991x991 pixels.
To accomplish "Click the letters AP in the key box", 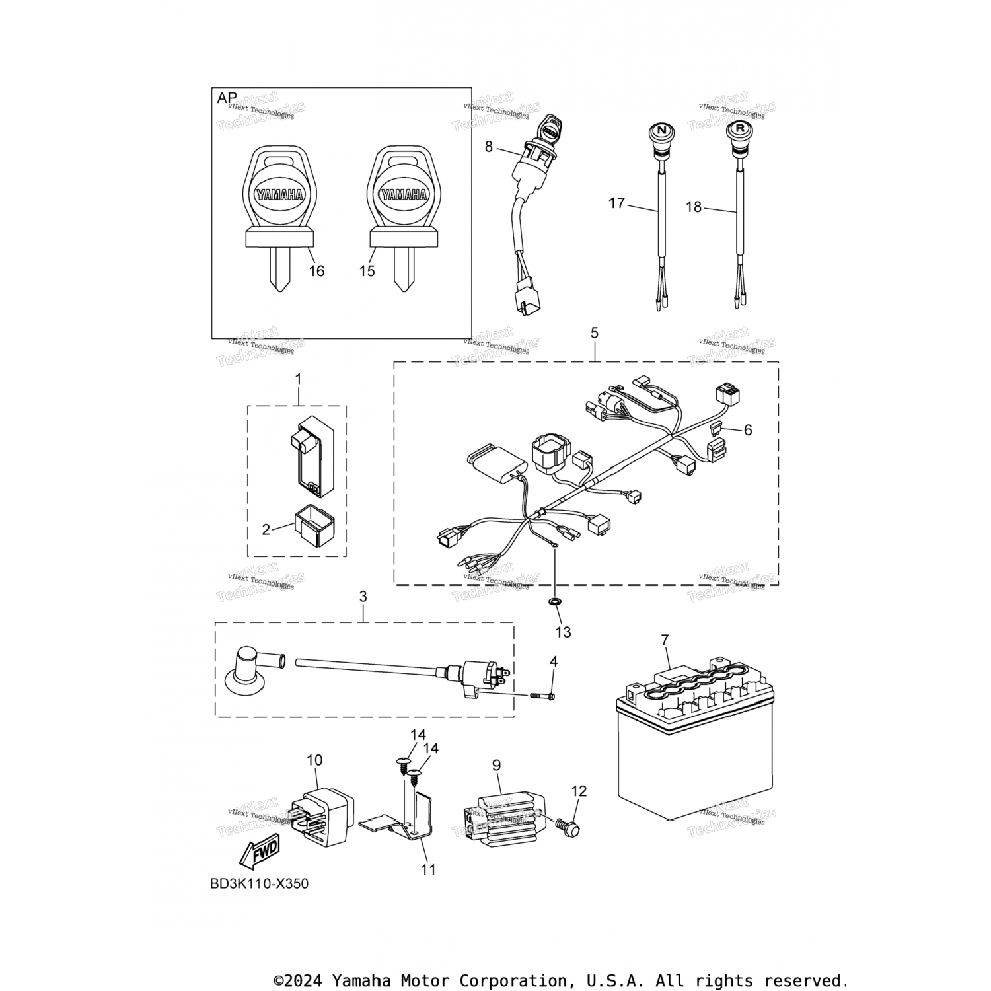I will point(227,98).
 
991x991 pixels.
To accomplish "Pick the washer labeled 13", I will point(555,601).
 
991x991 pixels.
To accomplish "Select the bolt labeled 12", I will point(569,826).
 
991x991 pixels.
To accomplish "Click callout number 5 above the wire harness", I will point(595,333).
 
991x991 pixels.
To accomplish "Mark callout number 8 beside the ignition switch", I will point(489,147).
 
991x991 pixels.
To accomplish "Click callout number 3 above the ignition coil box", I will point(363,597).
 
